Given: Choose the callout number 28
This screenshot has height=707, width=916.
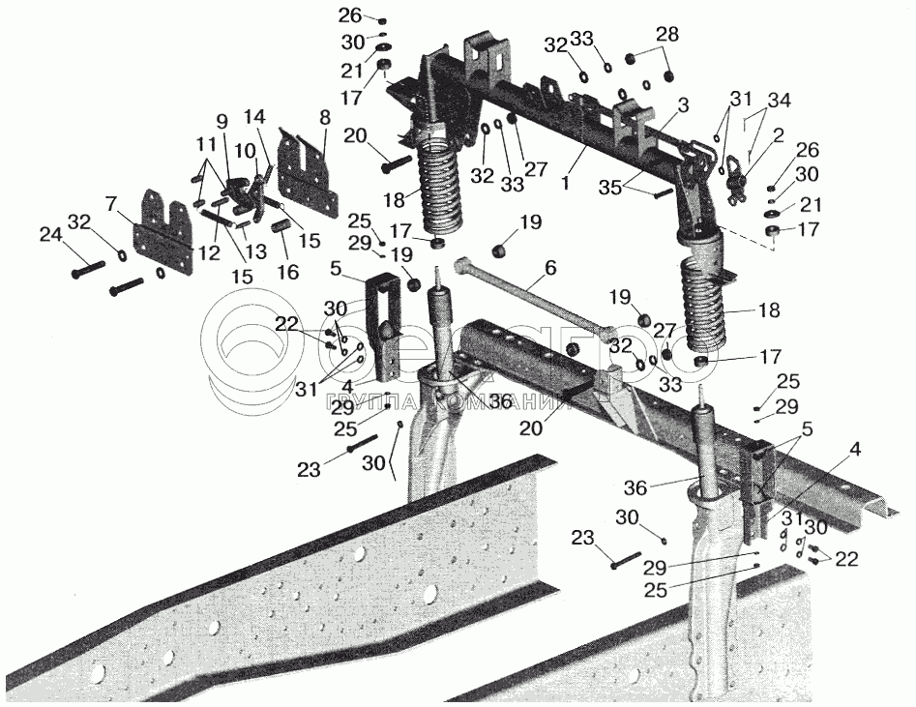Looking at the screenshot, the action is pos(665,35).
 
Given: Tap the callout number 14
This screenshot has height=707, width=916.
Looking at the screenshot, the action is pos(254,117).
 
